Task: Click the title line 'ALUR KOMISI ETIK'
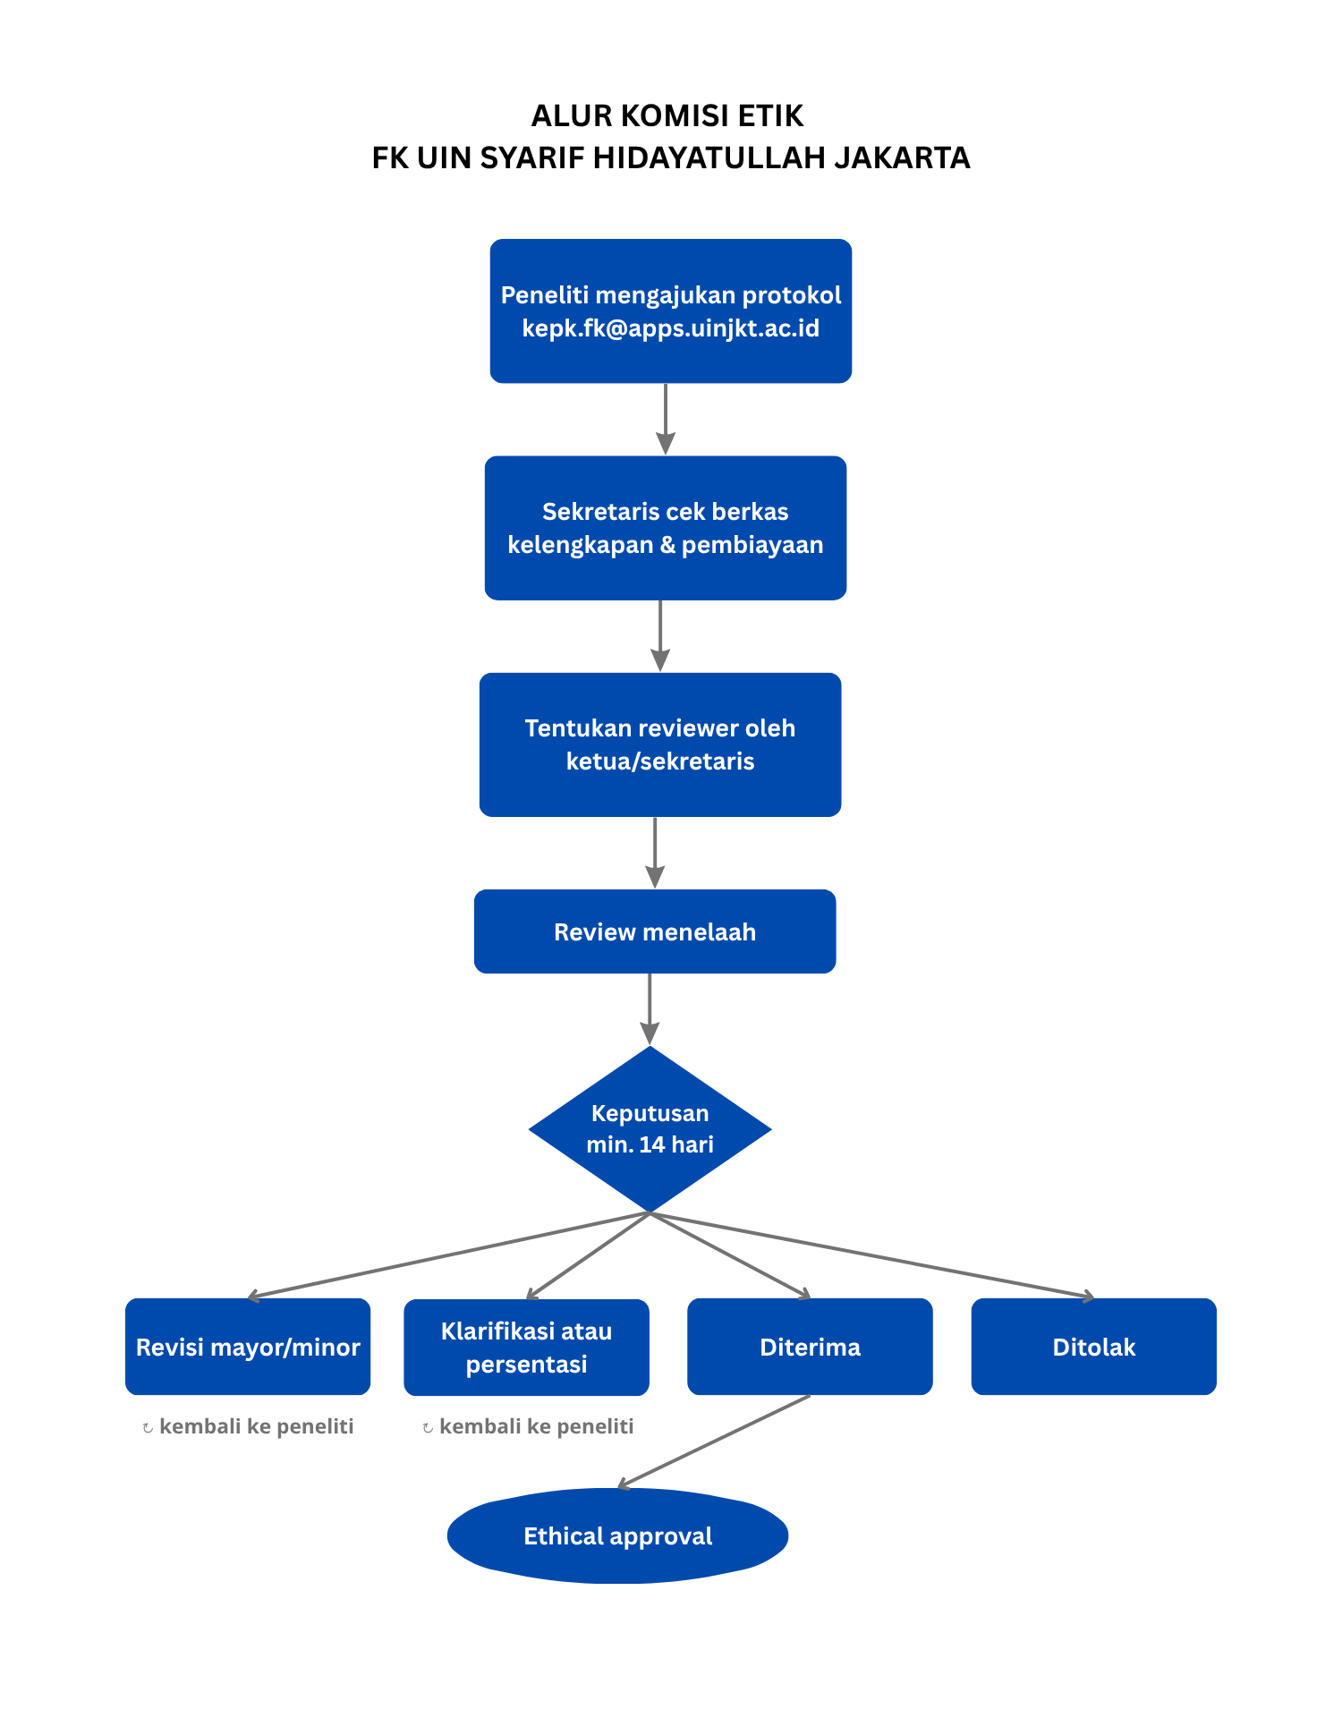pyautogui.click(x=667, y=116)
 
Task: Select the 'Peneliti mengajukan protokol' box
pyautogui.click(x=671, y=310)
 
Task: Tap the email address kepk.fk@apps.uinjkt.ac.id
pyautogui.click(x=671, y=328)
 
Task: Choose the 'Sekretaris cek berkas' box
pyautogui.click(x=666, y=528)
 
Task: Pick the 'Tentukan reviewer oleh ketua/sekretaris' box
pyautogui.click(x=660, y=744)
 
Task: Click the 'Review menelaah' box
pyautogui.click(x=655, y=931)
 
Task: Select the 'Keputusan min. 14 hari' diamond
pyautogui.click(x=650, y=1129)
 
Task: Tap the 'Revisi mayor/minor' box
pyautogui.click(x=248, y=1347)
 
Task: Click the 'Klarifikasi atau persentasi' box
pyautogui.click(x=526, y=1348)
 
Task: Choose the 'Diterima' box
pyautogui.click(x=810, y=1347)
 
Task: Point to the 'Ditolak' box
pyautogui.click(x=1094, y=1347)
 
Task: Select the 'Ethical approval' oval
pyautogui.click(x=617, y=1535)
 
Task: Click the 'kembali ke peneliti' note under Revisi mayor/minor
pyautogui.click(x=248, y=1426)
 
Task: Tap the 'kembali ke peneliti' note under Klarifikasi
pyautogui.click(x=528, y=1426)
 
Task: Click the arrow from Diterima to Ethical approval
pyautogui.click(x=714, y=1442)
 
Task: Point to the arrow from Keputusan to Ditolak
pyautogui.click(x=872, y=1255)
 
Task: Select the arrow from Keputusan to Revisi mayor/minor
pyautogui.click(x=448, y=1255)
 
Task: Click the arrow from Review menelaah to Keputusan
pyautogui.click(x=650, y=1008)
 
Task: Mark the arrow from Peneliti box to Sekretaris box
pyautogui.click(x=666, y=419)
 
